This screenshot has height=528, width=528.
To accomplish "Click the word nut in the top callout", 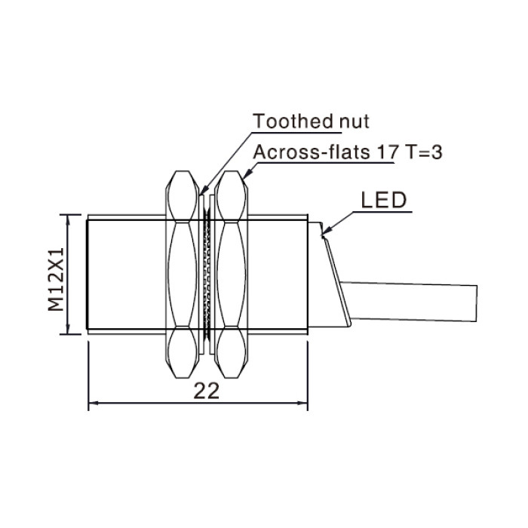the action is pos(355,122).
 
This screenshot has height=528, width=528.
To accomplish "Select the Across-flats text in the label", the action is pos(312,152).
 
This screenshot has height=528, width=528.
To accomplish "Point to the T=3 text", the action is pos(424,152).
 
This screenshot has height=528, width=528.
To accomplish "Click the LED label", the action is pos(384,200).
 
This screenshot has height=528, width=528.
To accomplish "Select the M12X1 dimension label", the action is pos(56,279).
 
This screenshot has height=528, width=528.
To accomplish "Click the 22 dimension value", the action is pos(207,391).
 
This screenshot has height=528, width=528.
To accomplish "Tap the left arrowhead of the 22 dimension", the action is pos(94,403).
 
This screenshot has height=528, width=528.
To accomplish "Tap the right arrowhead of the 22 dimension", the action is pos(302,403).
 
